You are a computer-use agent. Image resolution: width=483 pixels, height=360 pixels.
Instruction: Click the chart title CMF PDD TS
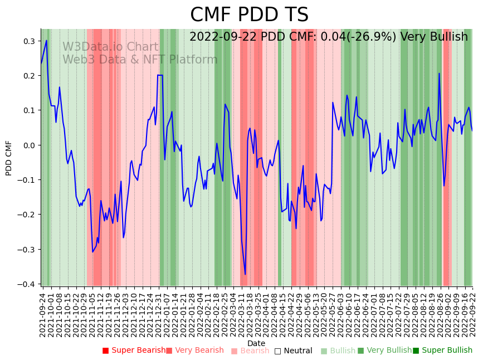point(249,15)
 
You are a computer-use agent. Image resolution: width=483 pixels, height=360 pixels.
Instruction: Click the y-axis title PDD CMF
point(9,158)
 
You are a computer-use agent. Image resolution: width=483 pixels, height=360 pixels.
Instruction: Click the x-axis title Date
point(256,343)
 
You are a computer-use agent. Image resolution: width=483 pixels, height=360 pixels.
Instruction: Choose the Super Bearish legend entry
point(134,351)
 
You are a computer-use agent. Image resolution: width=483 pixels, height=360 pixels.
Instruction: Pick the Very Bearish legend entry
point(194,351)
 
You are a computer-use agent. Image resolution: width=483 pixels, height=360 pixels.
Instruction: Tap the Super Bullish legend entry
point(442,351)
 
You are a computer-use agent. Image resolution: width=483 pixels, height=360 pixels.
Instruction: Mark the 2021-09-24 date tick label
point(43,315)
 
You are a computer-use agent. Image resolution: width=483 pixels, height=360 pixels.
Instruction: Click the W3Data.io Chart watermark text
point(110,47)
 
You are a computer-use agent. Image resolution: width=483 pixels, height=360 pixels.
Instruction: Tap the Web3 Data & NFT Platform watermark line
point(140,60)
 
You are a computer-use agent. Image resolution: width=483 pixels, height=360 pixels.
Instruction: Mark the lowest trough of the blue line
point(245,274)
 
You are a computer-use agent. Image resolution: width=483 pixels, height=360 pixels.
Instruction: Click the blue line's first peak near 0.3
point(46,40)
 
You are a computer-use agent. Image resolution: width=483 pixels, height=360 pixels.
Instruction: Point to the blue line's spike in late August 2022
point(439,74)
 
